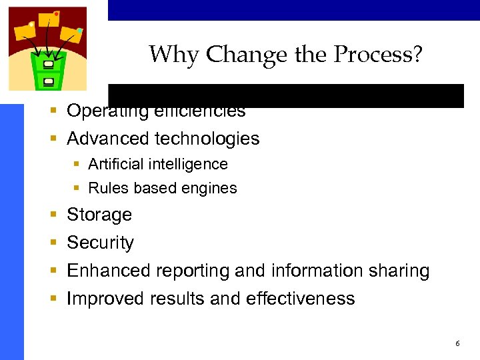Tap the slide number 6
(x=457, y=343)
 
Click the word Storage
(x=99, y=215)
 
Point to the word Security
(x=100, y=243)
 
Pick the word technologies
(x=207, y=139)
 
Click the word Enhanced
(x=109, y=271)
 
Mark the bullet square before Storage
(x=53, y=215)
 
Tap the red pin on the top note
(x=56, y=13)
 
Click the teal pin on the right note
(x=79, y=30)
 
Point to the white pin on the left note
(x=31, y=25)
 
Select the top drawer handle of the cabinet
(x=48, y=65)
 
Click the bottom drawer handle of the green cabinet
(x=48, y=81)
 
